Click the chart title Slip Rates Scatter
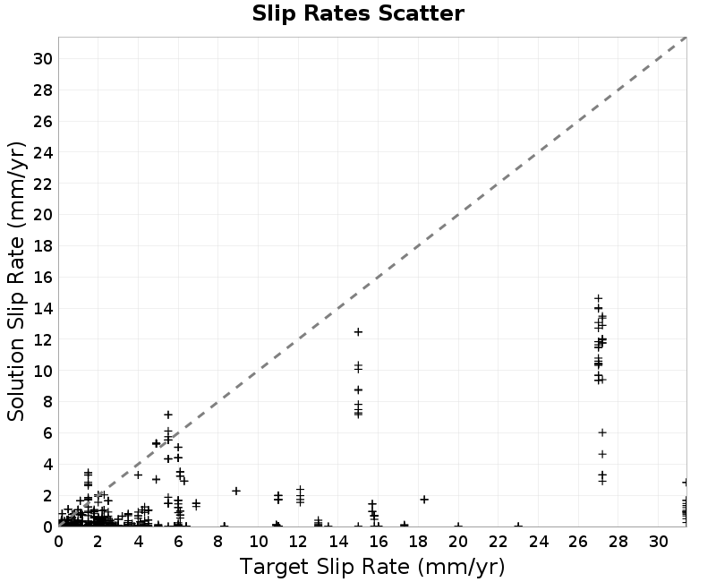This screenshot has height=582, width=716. point(358,13)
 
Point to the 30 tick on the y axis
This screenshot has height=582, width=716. point(43,59)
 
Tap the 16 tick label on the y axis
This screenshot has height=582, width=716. point(43,278)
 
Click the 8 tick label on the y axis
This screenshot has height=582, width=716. point(48,401)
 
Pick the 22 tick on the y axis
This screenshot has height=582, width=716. point(43,184)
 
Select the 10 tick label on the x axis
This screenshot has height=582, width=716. point(259,542)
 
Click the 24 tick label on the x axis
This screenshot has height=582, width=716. point(539,542)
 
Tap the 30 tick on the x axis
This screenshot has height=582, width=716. point(659,542)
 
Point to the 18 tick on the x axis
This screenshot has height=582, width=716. point(418,542)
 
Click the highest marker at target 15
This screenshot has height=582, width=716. point(359,331)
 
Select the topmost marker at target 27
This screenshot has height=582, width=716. point(598,298)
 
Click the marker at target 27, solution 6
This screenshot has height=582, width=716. point(602,432)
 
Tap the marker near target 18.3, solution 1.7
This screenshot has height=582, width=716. point(424,500)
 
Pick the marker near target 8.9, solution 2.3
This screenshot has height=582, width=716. point(236,491)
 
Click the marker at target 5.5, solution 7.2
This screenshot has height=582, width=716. point(168,415)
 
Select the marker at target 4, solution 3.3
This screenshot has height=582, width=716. point(138,475)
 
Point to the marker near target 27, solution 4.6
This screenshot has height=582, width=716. point(602,454)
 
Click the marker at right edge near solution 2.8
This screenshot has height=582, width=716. point(686,483)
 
